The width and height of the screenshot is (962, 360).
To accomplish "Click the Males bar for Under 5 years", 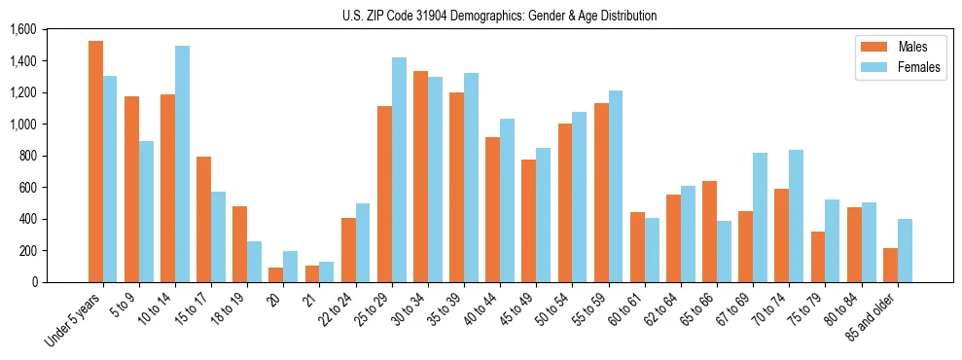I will click(95, 162).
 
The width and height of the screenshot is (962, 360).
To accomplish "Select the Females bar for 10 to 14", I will click(182, 163).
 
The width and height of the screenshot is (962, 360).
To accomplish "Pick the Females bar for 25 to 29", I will click(399, 169).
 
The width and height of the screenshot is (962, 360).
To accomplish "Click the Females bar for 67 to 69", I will click(760, 217).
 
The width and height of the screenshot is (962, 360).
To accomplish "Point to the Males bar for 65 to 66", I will click(709, 232).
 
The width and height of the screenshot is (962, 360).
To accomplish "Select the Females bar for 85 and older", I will click(905, 250).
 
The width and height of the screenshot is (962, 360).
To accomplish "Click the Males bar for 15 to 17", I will click(203, 219).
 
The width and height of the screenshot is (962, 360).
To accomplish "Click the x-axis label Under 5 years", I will click(73, 321).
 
